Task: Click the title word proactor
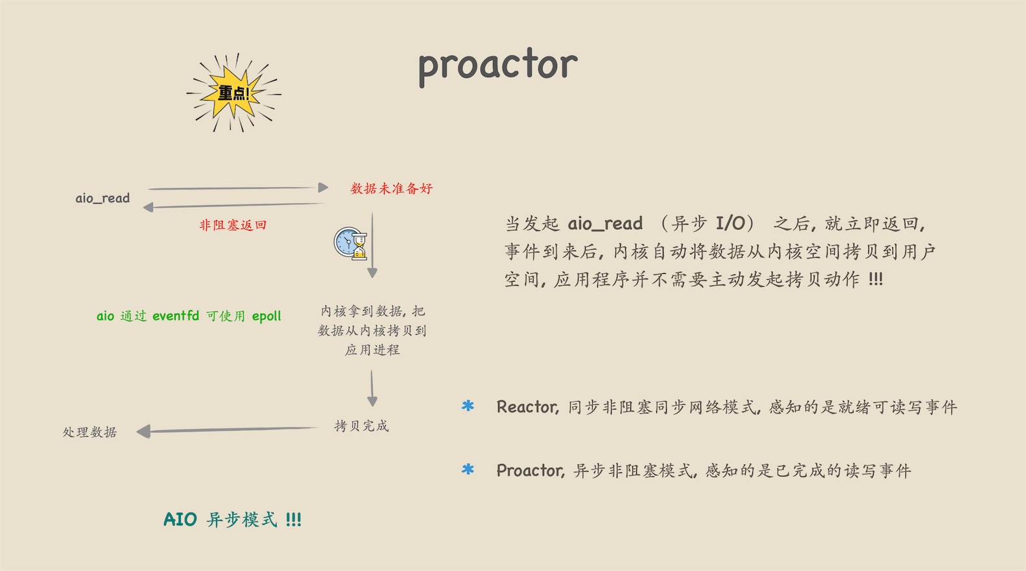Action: coord(498,66)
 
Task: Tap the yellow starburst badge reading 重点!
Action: coord(233,93)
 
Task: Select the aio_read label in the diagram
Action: coord(102,198)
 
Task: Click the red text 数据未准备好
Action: coord(392,188)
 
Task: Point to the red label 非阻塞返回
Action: coord(233,225)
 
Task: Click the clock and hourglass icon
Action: coord(351,243)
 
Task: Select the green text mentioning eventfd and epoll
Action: coord(189,316)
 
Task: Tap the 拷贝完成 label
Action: coord(361,426)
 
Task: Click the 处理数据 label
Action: coord(89,431)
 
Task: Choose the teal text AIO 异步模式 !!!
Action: coord(232,519)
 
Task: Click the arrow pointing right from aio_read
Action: coord(238,188)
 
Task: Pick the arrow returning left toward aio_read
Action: coord(233,205)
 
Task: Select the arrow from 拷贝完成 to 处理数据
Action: coord(228,430)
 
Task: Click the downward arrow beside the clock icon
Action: coord(372,245)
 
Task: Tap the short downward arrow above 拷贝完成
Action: coord(372,389)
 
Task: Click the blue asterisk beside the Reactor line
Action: coord(468,406)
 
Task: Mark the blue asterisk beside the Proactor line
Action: coord(468,469)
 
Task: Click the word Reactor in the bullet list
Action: coord(527,407)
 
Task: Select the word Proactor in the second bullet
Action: coord(530,470)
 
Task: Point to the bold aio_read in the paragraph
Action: coord(605,224)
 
